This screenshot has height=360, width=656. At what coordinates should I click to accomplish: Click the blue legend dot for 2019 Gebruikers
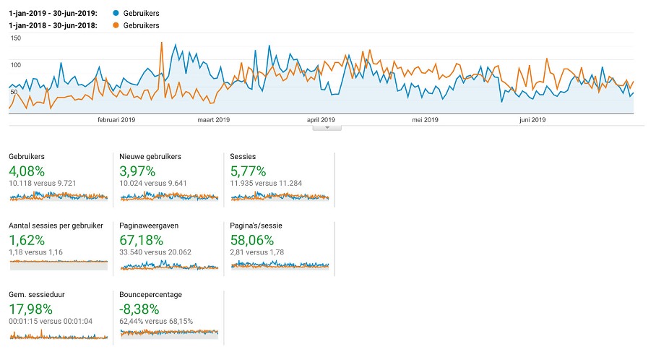click(x=116, y=14)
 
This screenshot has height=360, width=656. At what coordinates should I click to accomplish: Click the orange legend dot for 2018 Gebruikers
click(x=116, y=25)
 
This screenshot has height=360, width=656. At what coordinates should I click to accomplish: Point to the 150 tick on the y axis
click(x=16, y=38)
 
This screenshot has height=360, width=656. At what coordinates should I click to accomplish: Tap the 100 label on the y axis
click(x=16, y=65)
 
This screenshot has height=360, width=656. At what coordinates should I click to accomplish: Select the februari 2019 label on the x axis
click(x=116, y=120)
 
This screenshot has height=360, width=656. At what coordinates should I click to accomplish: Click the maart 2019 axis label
click(x=214, y=120)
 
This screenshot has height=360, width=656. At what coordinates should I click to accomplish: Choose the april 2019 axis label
click(x=321, y=120)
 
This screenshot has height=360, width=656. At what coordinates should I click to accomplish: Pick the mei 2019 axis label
click(x=425, y=120)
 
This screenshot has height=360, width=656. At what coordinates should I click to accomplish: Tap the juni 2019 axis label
click(x=532, y=120)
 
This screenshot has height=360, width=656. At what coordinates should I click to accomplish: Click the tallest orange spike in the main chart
click(x=162, y=43)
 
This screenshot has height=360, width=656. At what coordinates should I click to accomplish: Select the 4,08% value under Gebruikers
click(x=27, y=171)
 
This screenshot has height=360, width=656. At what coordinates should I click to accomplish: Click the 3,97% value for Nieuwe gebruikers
click(x=137, y=171)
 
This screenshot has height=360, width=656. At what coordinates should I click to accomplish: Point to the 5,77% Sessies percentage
click(x=248, y=171)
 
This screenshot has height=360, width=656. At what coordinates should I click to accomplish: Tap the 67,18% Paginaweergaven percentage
click(x=142, y=240)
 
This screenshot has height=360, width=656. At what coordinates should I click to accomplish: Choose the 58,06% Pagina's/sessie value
click(x=252, y=240)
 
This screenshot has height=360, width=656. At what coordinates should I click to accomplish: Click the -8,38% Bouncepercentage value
click(x=139, y=309)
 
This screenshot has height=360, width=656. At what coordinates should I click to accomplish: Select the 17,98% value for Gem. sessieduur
click(x=30, y=309)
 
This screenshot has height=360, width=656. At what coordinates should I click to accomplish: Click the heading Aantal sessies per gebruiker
click(x=56, y=226)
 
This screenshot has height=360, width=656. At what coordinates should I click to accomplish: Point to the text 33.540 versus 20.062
click(x=155, y=252)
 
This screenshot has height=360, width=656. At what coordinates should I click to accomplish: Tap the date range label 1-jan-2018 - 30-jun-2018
click(x=53, y=25)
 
